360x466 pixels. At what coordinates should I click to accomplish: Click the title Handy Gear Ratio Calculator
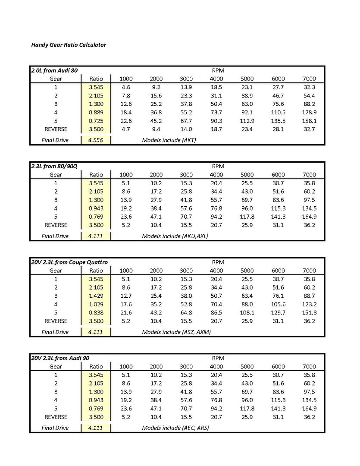(69, 45)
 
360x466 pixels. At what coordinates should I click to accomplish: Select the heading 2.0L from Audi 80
(54, 70)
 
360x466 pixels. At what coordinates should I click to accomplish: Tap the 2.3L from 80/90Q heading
(54, 166)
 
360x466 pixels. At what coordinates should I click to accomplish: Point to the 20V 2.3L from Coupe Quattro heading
(69, 262)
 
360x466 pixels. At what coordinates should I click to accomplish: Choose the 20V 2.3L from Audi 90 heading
(60, 358)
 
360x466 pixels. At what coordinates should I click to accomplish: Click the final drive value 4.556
(96, 140)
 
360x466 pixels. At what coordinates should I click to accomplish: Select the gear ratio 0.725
(96, 120)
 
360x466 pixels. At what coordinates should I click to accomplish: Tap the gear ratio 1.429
(96, 296)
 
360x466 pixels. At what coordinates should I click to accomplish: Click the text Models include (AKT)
(169, 140)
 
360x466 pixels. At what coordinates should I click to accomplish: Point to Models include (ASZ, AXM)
(176, 332)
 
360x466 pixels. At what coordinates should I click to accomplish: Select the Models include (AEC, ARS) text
(175, 428)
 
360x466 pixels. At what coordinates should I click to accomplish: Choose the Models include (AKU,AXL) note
(175, 236)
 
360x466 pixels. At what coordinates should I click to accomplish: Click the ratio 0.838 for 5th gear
(96, 312)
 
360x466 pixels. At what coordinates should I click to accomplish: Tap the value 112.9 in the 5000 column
(247, 120)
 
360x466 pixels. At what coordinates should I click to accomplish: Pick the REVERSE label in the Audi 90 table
(56, 417)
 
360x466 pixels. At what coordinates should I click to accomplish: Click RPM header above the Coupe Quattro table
(218, 262)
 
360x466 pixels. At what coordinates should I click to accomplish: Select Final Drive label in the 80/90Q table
(55, 236)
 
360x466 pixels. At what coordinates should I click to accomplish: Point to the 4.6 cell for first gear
(126, 87)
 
